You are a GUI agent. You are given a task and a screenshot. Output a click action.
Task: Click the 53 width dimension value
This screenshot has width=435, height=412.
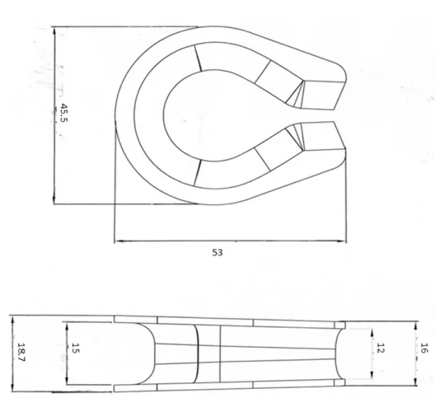tap(217, 253)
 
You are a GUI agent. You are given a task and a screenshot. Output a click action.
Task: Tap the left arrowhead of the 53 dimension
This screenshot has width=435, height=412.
tap(117, 241)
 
